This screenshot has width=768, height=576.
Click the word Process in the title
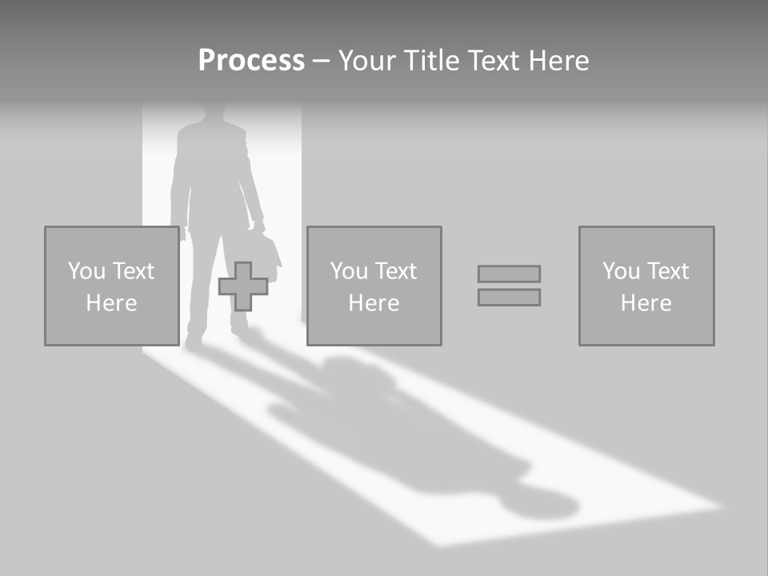coord(251,61)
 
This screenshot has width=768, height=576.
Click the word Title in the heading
coord(430,61)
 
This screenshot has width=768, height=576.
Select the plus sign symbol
coord(243,286)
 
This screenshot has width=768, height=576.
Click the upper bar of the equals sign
coord(509,274)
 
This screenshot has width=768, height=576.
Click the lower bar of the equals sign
coord(509,297)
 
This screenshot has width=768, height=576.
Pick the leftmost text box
coord(112,286)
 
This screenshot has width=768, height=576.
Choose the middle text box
coord(374,286)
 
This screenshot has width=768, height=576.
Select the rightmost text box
coord(646,286)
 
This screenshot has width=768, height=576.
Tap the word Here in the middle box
coord(374,303)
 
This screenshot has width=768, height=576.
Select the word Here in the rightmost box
coord(646,303)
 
